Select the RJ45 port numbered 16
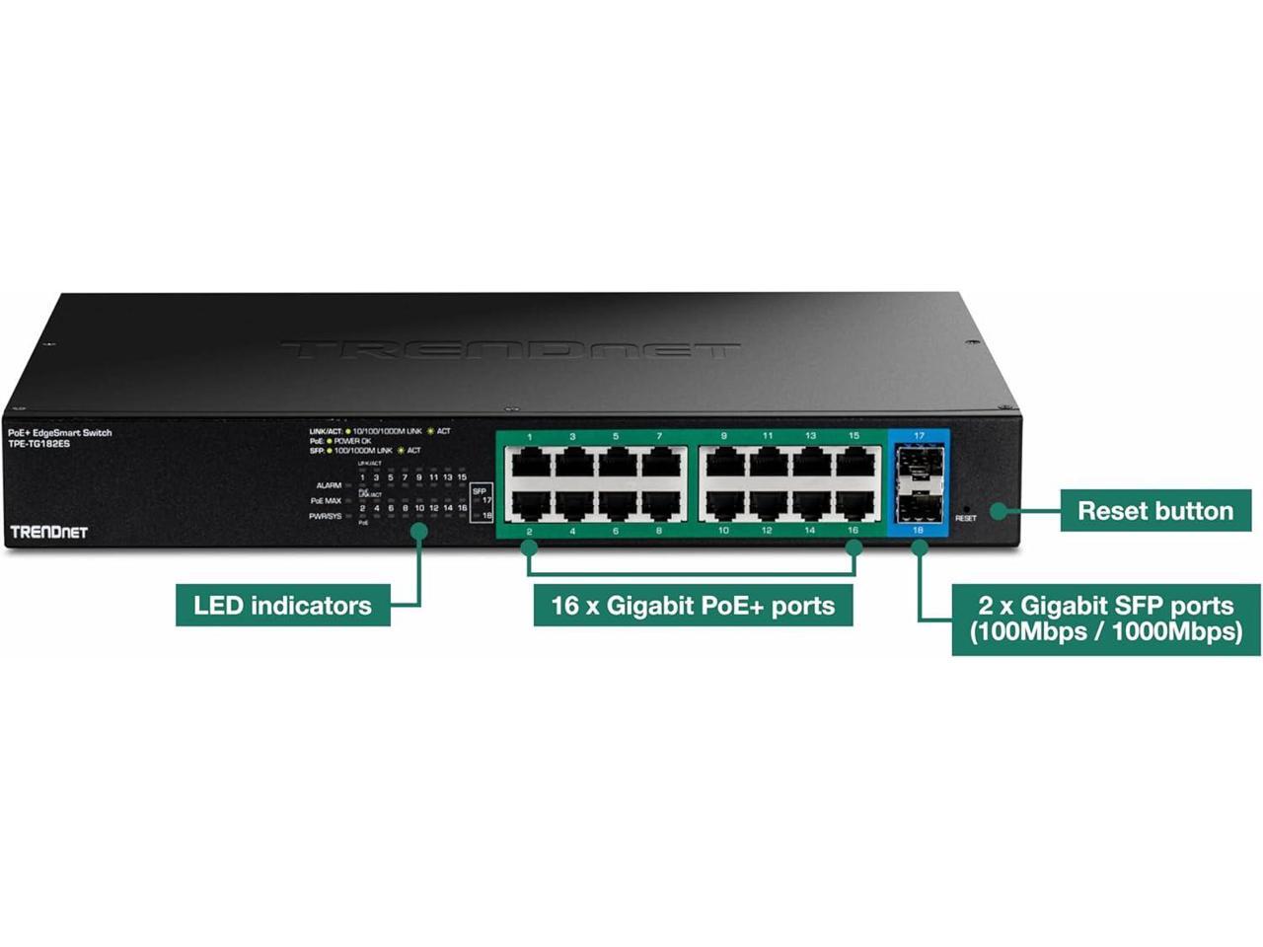pos(854,505)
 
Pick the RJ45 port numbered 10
pos(724,505)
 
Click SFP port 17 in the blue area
pos(919,461)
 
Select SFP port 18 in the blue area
pos(919,506)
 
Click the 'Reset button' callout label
pos(1155,511)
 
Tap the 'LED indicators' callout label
pos(282,605)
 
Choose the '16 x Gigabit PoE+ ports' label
pos(693,605)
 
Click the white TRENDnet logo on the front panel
pos(48,533)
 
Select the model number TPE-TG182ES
pos(38,445)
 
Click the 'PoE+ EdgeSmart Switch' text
pos(59,433)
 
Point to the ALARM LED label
pos(329,485)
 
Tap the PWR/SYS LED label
pos(326,516)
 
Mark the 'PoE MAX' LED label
pos(326,501)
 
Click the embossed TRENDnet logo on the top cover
pos(510,349)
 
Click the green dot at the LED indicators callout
pos(419,531)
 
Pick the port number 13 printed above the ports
pos(810,436)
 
